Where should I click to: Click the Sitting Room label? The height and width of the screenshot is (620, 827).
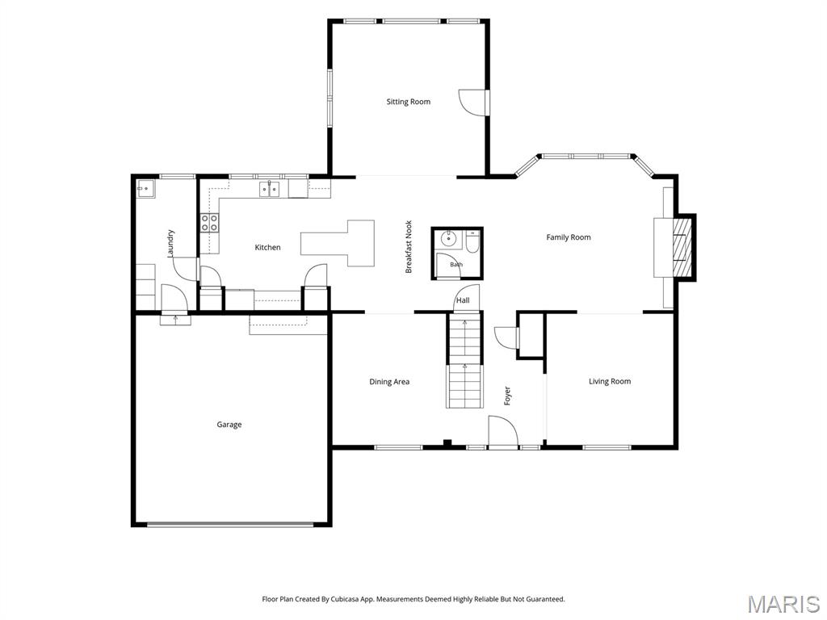click(408, 102)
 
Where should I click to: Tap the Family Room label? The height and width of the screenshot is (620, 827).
click(568, 237)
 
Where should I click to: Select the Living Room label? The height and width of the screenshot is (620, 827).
click(610, 381)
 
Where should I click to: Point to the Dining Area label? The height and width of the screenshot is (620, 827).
click(389, 382)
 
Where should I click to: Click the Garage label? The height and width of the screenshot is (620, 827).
click(229, 425)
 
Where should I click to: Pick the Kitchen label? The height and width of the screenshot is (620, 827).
click(267, 247)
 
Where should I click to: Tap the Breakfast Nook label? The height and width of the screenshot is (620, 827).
click(409, 247)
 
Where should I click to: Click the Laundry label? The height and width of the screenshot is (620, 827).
click(170, 243)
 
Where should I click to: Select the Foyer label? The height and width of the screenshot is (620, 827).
click(507, 396)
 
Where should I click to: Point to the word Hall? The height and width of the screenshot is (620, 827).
click(463, 300)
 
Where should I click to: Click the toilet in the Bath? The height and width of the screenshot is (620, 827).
click(472, 243)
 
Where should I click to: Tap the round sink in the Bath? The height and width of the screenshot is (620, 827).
click(448, 238)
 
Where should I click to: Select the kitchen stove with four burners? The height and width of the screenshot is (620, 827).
click(209, 223)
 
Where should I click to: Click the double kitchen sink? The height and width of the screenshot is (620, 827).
click(270, 189)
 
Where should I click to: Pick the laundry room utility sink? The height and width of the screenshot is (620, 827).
click(145, 189)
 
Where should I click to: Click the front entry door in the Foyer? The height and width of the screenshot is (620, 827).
click(502, 431)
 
